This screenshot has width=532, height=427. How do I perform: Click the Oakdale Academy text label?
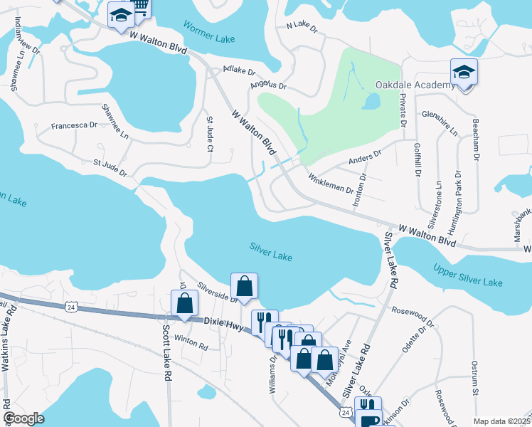pyautogui.click(x=414, y=85)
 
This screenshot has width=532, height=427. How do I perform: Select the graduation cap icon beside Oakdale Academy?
pyautogui.click(x=464, y=73)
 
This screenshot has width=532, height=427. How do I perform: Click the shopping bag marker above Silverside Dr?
pyautogui.click(x=244, y=286)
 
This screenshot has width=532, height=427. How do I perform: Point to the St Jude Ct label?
pyautogui.click(x=209, y=135)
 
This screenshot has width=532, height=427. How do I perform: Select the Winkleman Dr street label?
pyautogui.click(x=330, y=184)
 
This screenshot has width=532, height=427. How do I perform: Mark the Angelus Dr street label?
pyautogui.click(x=268, y=86)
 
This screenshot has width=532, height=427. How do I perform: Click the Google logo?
pyautogui.click(x=24, y=418)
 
